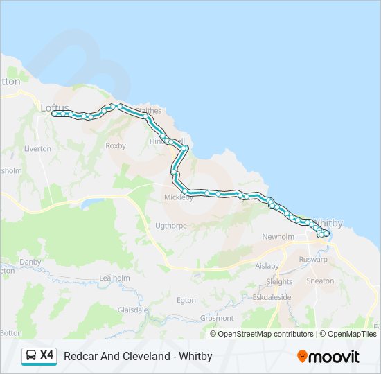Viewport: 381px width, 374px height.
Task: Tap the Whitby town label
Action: (x=329, y=224)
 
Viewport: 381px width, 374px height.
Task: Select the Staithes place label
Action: (x=148, y=111)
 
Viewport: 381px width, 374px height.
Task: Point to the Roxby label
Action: (x=115, y=146)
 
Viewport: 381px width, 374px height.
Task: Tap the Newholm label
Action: (x=278, y=237)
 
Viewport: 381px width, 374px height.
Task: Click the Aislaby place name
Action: (x=267, y=266)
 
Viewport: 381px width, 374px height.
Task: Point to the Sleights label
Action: (x=279, y=282)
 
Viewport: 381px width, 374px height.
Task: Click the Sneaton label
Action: (x=320, y=281)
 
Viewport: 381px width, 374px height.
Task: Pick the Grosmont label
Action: (x=217, y=318)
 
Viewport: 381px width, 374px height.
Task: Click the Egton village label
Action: (x=186, y=300)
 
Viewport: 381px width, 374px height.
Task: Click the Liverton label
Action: (x=37, y=149)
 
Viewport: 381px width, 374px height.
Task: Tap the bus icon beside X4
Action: (x=31, y=356)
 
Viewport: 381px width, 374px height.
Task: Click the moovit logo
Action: (x=328, y=357)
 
